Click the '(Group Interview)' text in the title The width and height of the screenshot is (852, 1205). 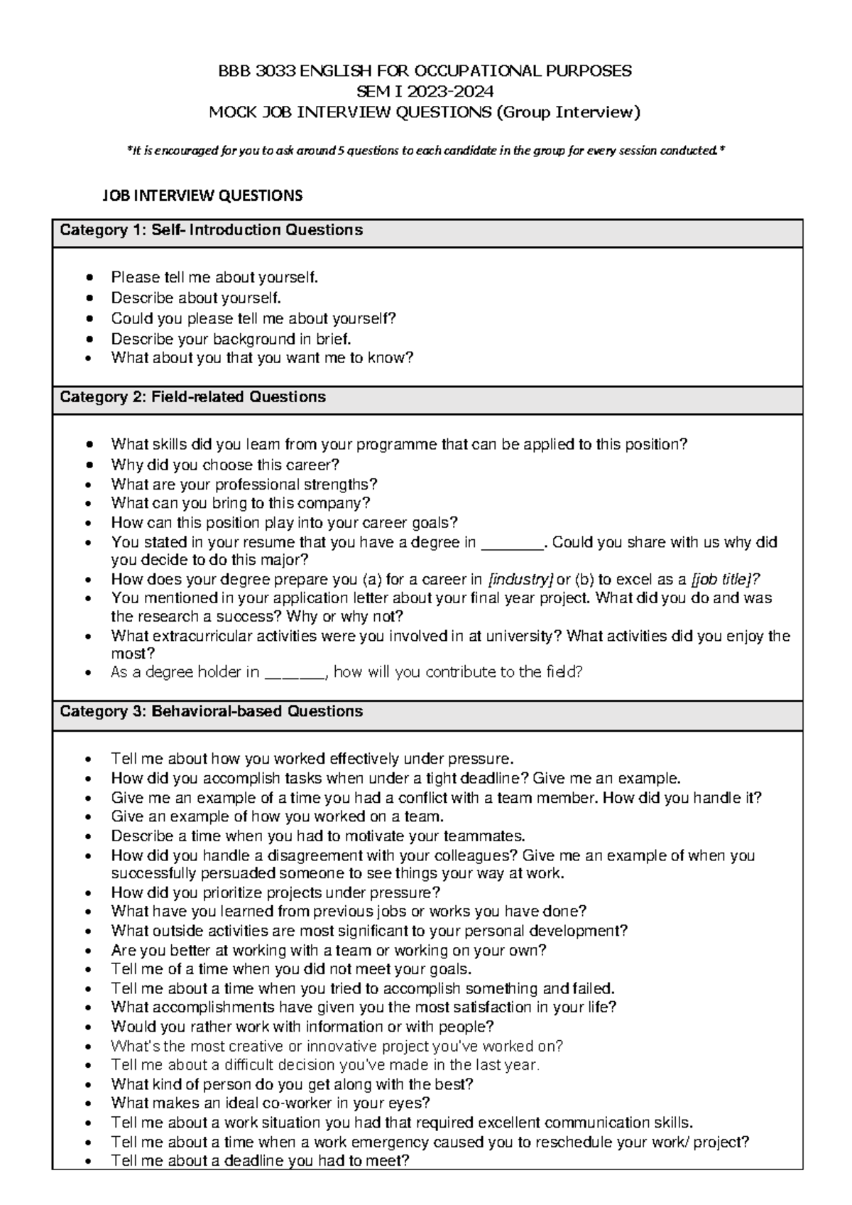568,112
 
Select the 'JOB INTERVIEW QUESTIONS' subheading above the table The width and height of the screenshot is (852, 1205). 203,195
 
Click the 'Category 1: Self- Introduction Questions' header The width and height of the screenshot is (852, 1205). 211,230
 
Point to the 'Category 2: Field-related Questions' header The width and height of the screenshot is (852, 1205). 192,397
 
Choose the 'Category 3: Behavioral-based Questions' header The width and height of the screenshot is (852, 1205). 211,711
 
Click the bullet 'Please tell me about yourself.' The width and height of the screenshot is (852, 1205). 214,277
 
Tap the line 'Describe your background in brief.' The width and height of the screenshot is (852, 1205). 231,339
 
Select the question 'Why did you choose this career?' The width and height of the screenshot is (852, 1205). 225,465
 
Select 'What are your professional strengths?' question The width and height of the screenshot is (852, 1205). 244,485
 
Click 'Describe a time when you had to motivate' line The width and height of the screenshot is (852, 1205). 317,836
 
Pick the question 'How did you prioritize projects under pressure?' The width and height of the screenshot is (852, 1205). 275,892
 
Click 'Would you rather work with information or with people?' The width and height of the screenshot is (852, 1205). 302,1027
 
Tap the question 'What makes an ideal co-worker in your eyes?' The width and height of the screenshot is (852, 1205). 271,1103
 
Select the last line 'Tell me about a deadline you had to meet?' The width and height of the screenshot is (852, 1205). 260,1161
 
